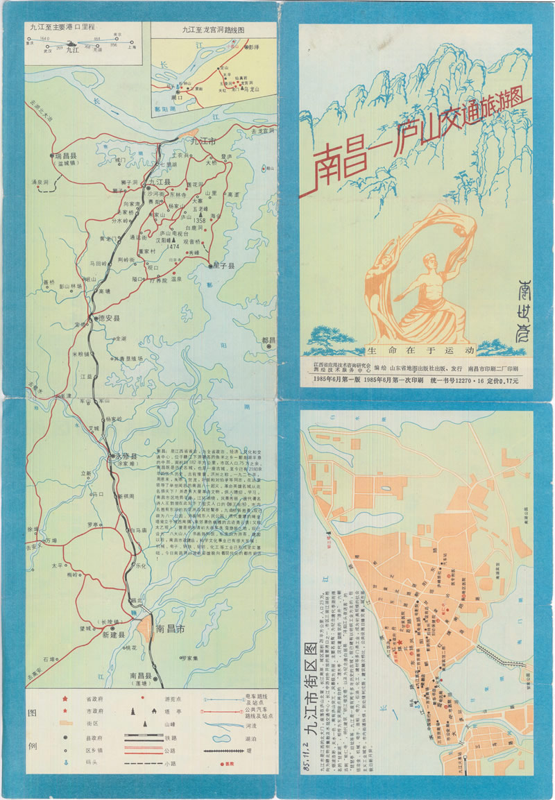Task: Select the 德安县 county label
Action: [x=108, y=318]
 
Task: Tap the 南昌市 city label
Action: [x=170, y=629]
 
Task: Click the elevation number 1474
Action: [x=173, y=246]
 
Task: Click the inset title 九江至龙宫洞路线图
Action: [x=213, y=30]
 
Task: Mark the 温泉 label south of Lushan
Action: [x=177, y=280]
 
